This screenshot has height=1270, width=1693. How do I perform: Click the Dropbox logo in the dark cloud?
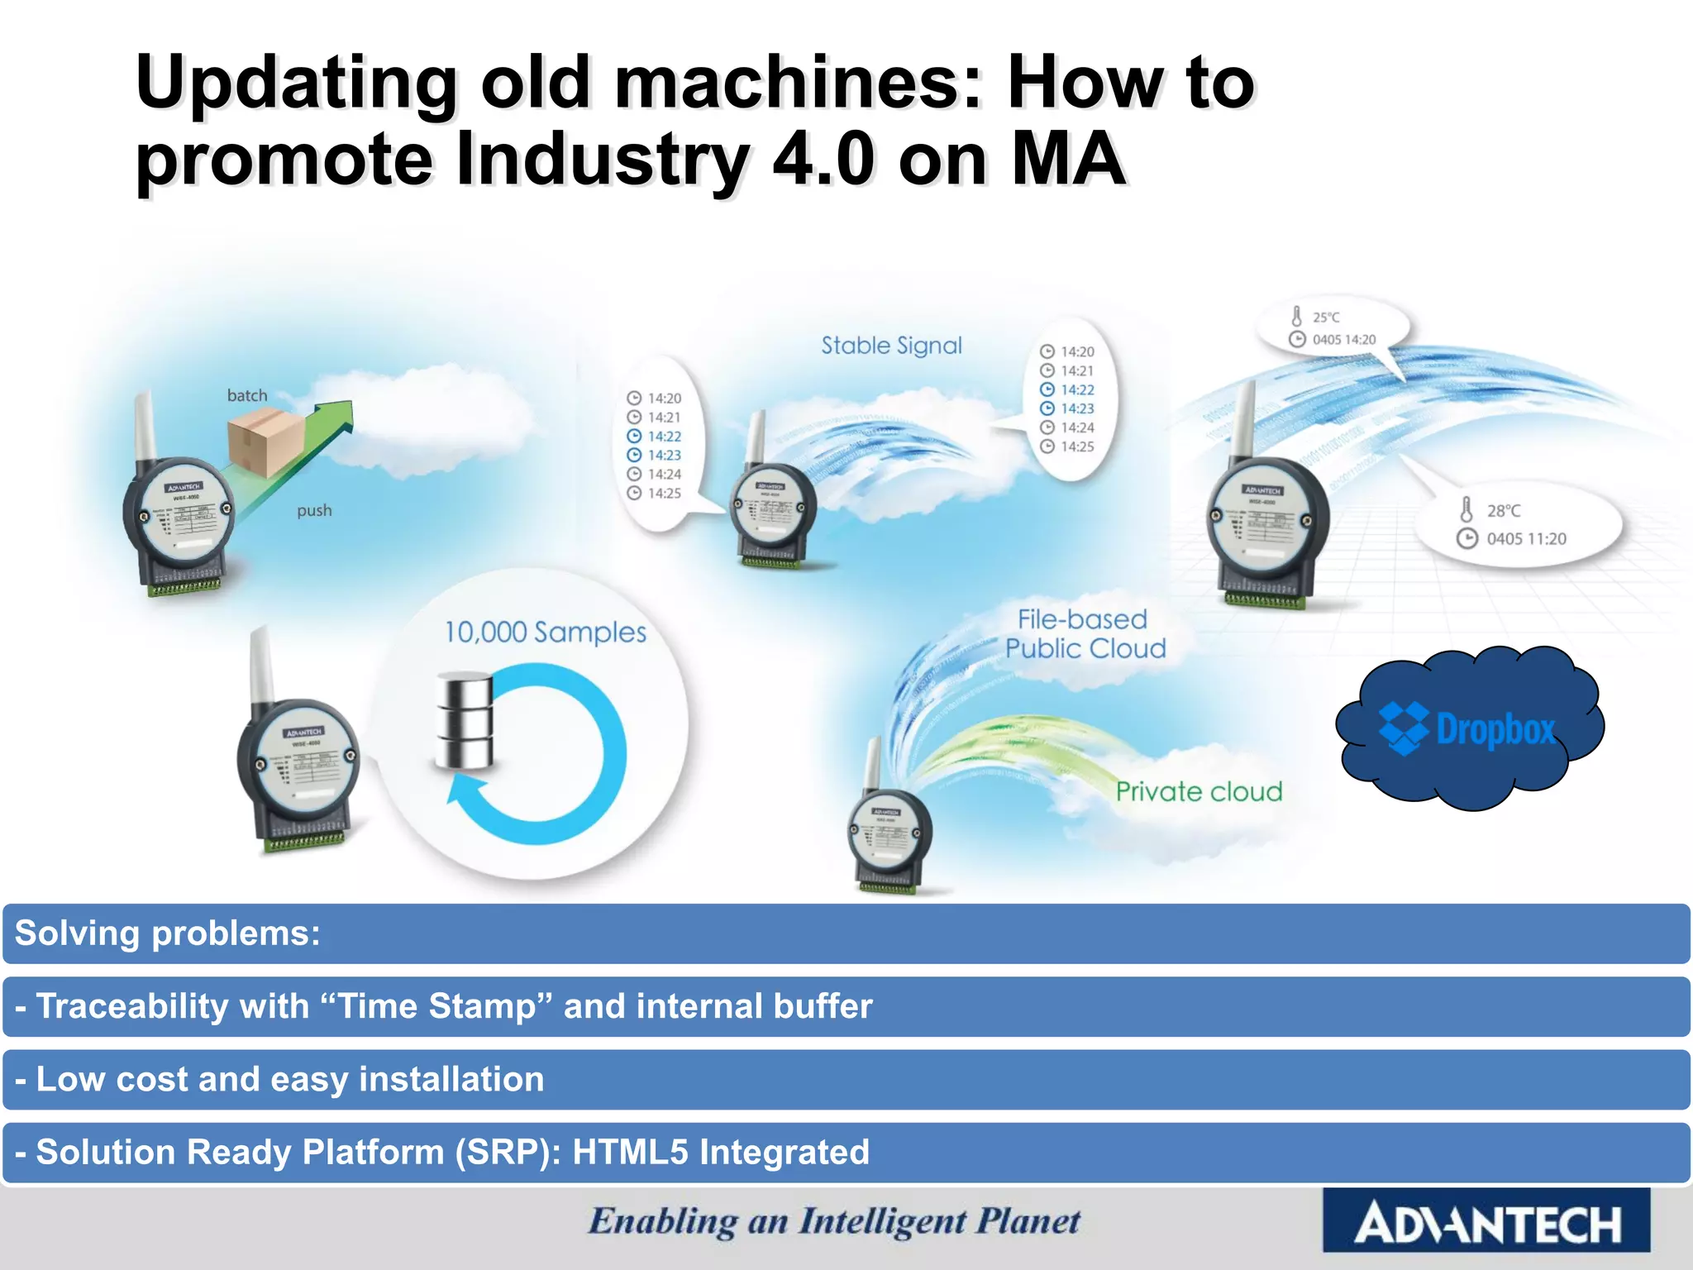click(x=1468, y=728)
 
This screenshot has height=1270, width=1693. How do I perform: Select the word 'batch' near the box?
click(x=247, y=395)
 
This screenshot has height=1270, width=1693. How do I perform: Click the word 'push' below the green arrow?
click(x=314, y=510)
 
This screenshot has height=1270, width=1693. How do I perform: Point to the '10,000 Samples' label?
click(x=546, y=633)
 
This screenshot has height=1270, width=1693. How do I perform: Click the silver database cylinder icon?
click(x=465, y=720)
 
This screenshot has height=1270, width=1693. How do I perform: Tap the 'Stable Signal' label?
click(x=891, y=346)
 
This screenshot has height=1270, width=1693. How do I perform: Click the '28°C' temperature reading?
click(x=1503, y=511)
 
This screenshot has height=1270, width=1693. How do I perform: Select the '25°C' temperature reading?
click(x=1326, y=317)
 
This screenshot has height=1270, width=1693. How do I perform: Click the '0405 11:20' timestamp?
click(x=1526, y=539)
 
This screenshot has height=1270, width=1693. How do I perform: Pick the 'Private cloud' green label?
click(x=1199, y=792)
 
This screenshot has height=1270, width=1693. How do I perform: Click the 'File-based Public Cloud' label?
click(x=1085, y=634)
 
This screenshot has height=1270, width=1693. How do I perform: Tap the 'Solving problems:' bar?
click(x=168, y=933)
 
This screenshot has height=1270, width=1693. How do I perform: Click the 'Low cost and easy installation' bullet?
click(x=289, y=1080)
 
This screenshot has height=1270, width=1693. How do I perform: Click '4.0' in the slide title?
click(x=823, y=160)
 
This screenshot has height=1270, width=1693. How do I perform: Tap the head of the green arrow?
click(x=337, y=414)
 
